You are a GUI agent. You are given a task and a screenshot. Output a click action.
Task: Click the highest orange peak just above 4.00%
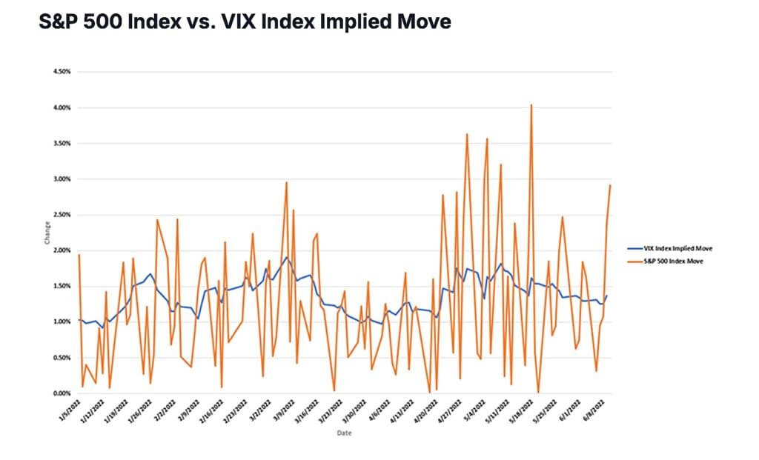click(531, 105)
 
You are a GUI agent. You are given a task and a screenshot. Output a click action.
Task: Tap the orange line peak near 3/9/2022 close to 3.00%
click(286, 182)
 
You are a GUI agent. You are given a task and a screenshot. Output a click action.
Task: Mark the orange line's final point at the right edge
click(610, 185)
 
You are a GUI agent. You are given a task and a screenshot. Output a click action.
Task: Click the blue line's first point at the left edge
click(79, 319)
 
